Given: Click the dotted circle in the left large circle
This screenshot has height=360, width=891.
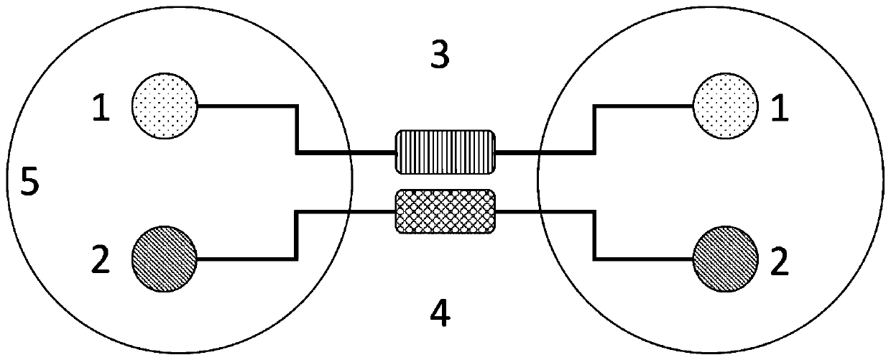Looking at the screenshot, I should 164,106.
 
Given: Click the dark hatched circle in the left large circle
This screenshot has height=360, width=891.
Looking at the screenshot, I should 164,257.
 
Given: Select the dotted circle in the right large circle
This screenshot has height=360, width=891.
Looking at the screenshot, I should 726,106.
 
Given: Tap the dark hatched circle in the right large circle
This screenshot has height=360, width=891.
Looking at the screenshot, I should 726,257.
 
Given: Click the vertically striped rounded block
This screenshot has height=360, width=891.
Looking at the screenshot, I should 445,152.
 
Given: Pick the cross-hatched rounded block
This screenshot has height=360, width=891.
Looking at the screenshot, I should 445,211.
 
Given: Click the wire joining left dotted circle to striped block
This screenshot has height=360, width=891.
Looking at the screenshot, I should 296,129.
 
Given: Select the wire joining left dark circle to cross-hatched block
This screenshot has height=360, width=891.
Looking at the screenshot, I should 296,234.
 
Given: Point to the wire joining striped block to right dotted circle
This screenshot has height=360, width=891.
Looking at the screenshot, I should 594,129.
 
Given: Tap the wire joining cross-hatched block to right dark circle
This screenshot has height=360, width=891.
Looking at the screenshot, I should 594,234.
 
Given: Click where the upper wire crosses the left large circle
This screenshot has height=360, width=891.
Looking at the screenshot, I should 349,152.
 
